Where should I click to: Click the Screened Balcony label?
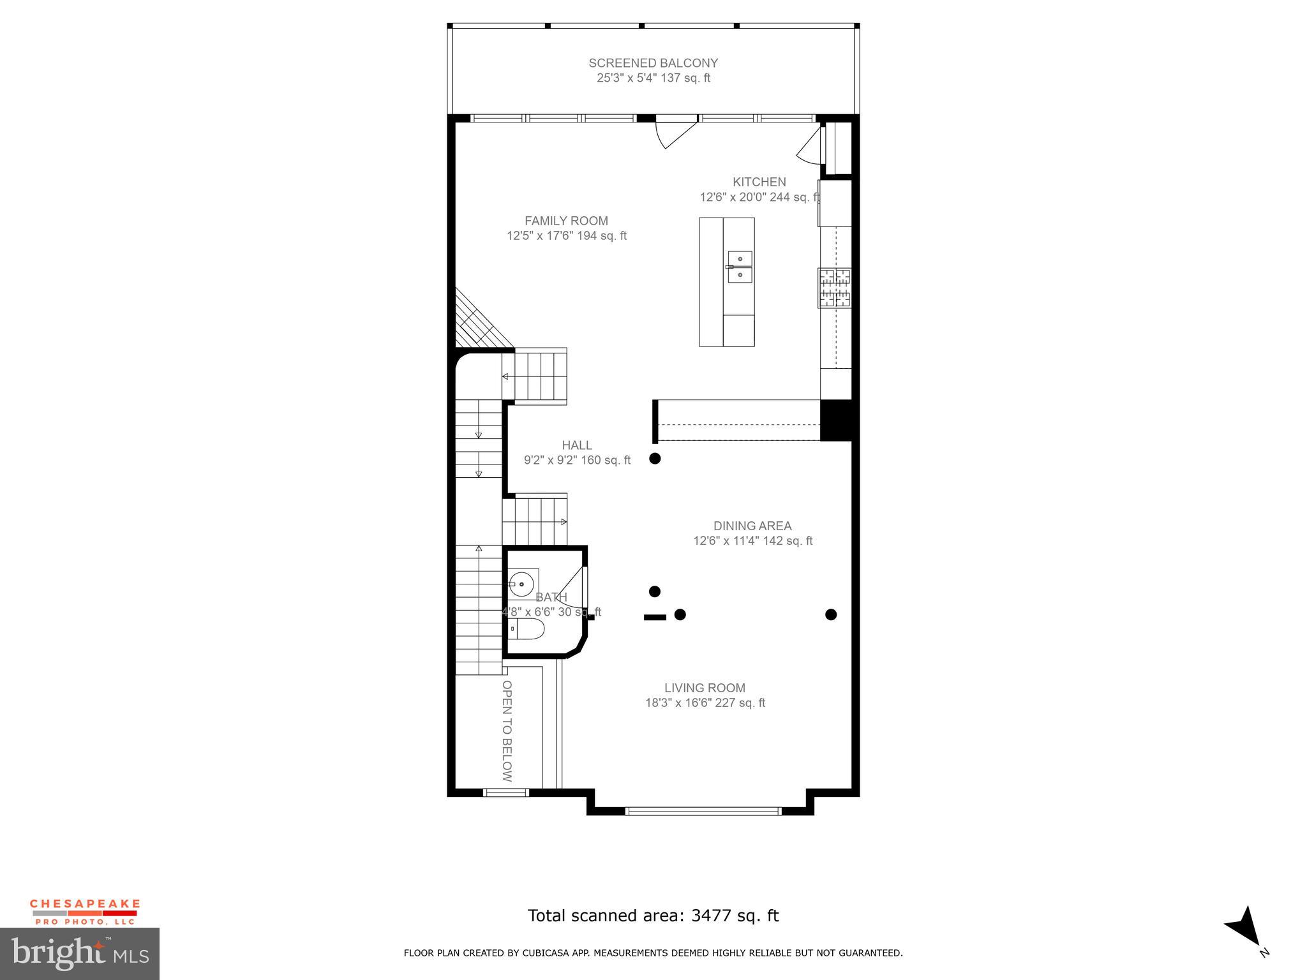[653, 63]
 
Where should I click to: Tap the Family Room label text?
[566, 221]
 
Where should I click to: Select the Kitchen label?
[759, 182]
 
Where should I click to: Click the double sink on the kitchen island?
[740, 267]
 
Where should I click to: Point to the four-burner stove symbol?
[835, 288]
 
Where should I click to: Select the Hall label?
[577, 445]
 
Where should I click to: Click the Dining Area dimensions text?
[752, 541]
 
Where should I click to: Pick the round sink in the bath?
[522, 584]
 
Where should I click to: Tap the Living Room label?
[705, 688]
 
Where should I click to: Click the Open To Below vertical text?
[507, 731]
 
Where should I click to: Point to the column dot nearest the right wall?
[831, 614]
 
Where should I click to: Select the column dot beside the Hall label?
[655, 458]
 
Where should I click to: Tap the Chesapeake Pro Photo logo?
[85, 912]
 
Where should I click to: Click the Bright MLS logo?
[80, 953]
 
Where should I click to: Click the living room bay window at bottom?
[703, 811]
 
